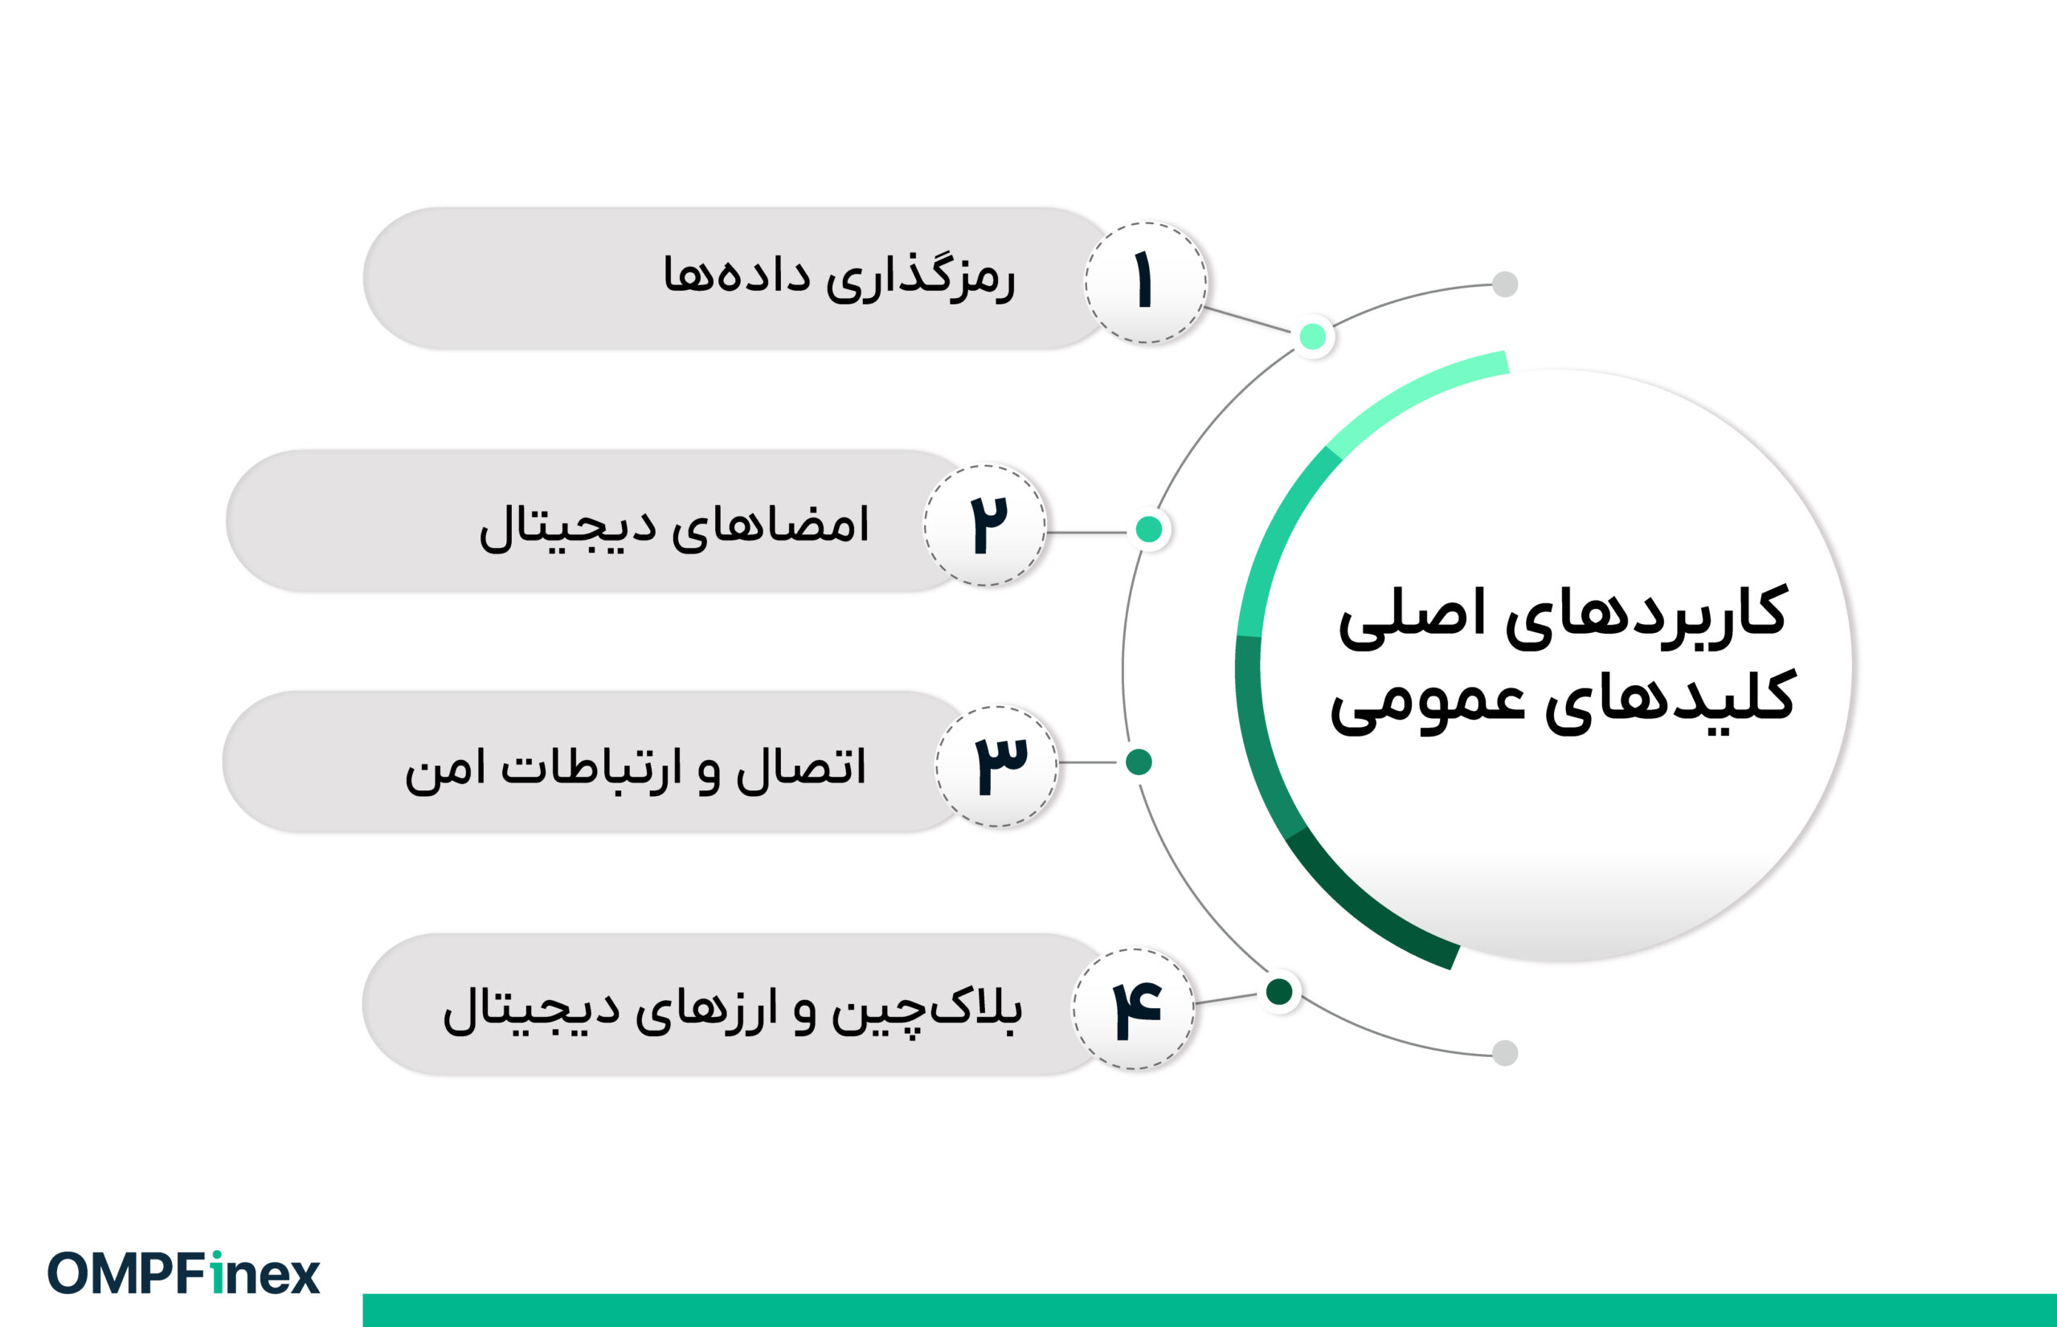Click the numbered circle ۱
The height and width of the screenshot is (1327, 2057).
coord(1145,282)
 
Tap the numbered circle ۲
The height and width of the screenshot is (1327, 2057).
coord(985,525)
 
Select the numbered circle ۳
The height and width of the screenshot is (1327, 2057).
coord(997,766)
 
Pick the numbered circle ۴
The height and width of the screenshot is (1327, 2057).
coord(1133,1009)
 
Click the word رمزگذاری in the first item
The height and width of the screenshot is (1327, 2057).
coord(919,277)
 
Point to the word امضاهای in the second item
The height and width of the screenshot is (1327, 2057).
coord(770,525)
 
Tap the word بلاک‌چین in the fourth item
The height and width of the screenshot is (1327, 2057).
coord(927,1009)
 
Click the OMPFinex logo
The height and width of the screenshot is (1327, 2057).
coord(183,1273)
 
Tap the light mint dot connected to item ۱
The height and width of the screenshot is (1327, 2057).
coord(1312,336)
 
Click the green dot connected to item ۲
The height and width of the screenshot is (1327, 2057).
coord(1149,529)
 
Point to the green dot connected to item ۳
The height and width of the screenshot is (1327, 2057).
coord(1139,761)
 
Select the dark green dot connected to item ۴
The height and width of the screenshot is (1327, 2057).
coord(1280,992)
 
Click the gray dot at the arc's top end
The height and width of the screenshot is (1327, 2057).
coord(1505,284)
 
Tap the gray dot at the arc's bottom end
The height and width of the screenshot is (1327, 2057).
coord(1505,1053)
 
